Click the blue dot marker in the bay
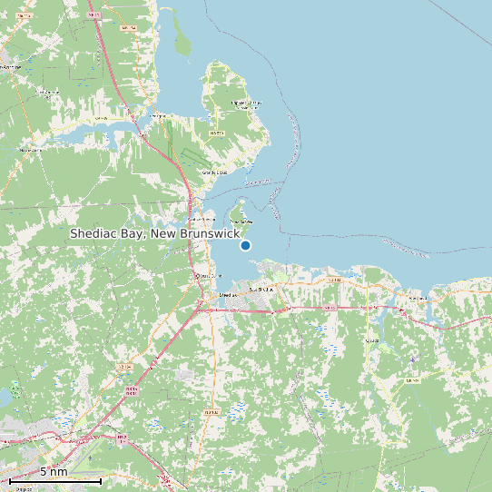coord(245,245)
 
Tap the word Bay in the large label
coord(133,234)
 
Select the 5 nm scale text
coord(54,471)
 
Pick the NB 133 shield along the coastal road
coord(333,280)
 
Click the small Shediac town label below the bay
coord(228,294)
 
